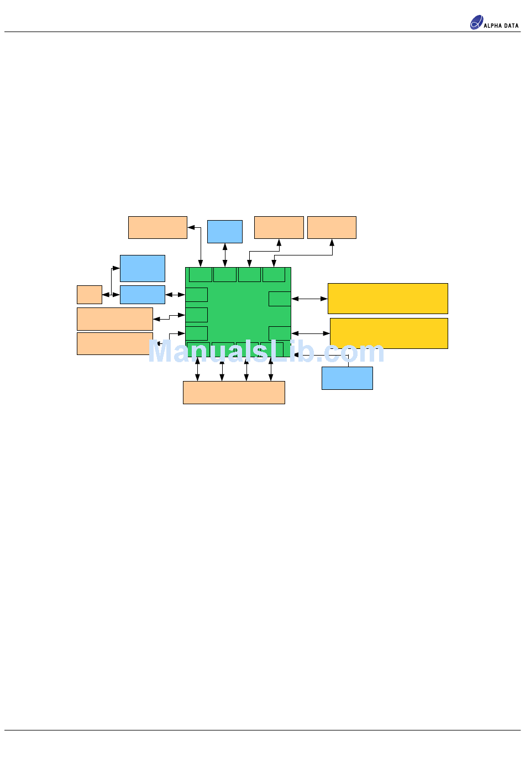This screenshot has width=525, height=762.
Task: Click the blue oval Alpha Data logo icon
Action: [x=476, y=23]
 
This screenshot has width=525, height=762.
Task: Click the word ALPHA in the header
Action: [x=493, y=25]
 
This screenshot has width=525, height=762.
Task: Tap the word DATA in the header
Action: [x=511, y=25]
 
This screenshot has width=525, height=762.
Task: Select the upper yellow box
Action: [x=387, y=299]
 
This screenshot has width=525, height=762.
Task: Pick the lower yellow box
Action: [x=389, y=333]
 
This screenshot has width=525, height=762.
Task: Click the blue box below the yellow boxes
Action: [x=347, y=378]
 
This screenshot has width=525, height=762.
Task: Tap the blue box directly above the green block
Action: [x=224, y=231]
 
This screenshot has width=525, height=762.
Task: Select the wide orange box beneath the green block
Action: [x=234, y=393]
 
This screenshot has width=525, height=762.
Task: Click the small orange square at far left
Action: [x=89, y=295]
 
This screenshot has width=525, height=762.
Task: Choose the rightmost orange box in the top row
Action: [x=332, y=227]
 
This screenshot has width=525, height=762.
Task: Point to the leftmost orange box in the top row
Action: [x=158, y=227]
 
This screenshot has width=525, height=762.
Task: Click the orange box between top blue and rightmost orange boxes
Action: [x=279, y=227]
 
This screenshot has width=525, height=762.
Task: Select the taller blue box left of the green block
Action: [x=142, y=268]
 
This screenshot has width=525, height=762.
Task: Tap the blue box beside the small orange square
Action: [x=142, y=295]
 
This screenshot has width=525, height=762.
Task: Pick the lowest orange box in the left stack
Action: [x=114, y=343]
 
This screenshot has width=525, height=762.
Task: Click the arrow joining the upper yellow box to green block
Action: [x=309, y=299]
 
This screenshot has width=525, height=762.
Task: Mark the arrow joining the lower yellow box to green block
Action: [x=311, y=333]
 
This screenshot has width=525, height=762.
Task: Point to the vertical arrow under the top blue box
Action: [x=225, y=255]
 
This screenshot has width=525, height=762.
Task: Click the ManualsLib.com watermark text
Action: [x=266, y=352]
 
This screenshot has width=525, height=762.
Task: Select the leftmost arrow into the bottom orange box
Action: [x=197, y=369]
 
